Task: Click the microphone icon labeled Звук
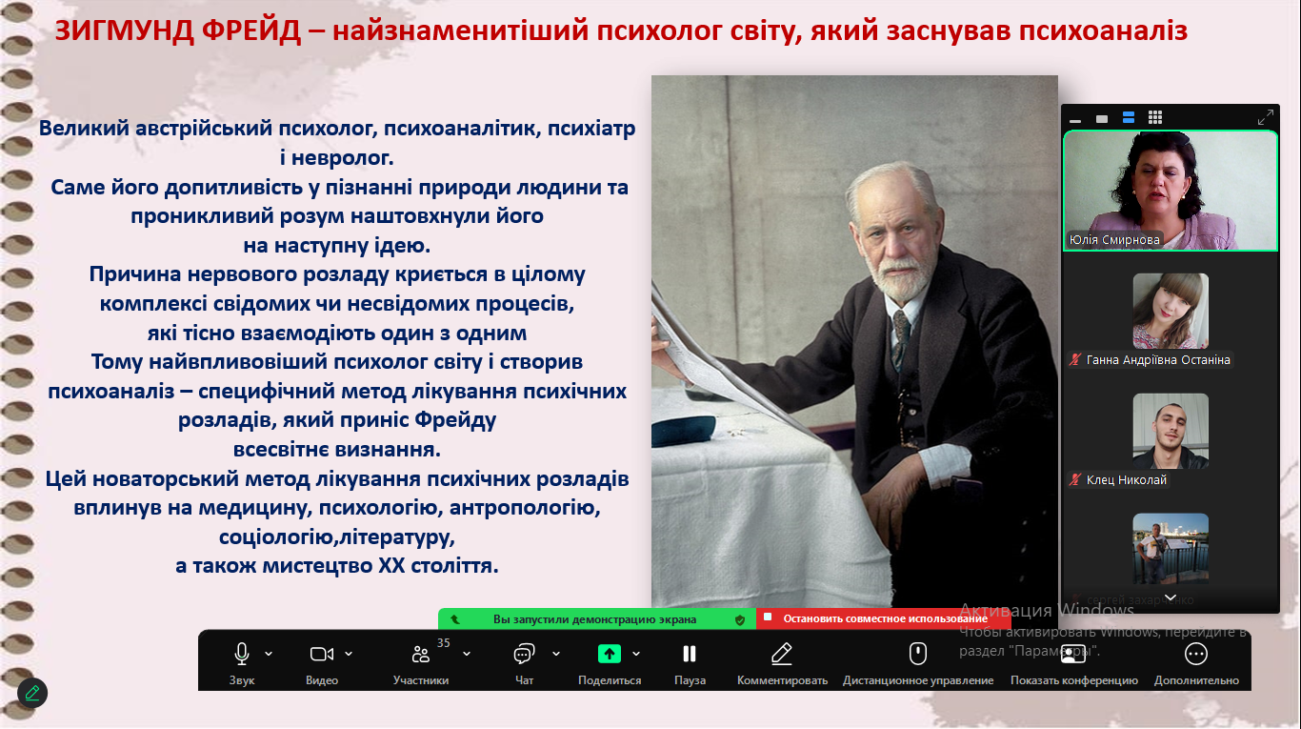click(x=242, y=654)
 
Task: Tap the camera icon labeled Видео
click(x=322, y=655)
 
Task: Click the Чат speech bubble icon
click(x=524, y=655)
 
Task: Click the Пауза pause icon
click(x=690, y=654)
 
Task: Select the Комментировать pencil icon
click(x=782, y=654)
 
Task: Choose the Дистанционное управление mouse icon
click(x=918, y=654)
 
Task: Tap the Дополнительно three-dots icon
click(x=1196, y=655)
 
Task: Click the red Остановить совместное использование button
click(x=884, y=618)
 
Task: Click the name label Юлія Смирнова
click(x=1114, y=239)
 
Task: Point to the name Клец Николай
click(x=1126, y=480)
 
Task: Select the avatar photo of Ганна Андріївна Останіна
click(x=1171, y=311)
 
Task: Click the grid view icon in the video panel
click(x=1155, y=118)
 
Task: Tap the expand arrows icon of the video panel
click(x=1266, y=117)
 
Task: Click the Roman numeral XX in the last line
click(x=391, y=566)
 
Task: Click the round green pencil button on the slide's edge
click(x=32, y=693)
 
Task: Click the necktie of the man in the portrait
click(x=900, y=337)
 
